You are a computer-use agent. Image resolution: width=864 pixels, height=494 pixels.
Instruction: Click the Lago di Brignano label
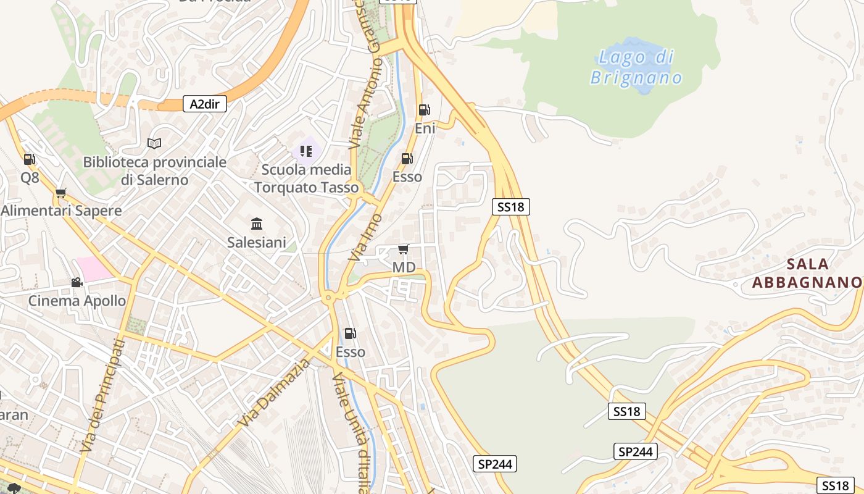[x=636, y=67]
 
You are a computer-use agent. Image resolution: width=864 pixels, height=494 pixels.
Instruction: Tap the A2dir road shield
[x=205, y=104]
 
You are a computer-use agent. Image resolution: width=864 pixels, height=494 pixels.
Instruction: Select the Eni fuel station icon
[x=425, y=111]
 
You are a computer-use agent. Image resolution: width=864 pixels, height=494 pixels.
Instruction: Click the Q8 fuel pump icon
[x=29, y=159]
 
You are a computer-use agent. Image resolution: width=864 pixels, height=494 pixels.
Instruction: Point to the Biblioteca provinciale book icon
[x=154, y=144]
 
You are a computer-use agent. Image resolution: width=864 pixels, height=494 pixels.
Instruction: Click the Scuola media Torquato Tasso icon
[x=306, y=151]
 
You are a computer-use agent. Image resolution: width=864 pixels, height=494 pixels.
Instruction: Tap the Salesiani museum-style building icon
[x=257, y=224]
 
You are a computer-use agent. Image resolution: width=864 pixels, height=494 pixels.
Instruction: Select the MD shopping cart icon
[x=404, y=249]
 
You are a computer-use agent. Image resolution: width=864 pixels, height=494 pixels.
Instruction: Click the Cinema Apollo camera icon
[x=77, y=282]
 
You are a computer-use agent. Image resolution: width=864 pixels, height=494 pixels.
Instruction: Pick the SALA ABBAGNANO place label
[x=807, y=273]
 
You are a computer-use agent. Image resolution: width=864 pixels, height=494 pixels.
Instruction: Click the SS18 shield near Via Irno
[x=511, y=207]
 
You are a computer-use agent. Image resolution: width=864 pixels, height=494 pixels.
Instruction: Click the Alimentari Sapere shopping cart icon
[x=60, y=193]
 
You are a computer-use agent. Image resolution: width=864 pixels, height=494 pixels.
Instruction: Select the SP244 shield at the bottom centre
[x=495, y=464]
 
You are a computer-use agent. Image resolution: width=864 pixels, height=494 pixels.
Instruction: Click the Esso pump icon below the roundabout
[x=350, y=333]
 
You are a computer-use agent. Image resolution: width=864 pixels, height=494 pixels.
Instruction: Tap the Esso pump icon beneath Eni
[x=407, y=159]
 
